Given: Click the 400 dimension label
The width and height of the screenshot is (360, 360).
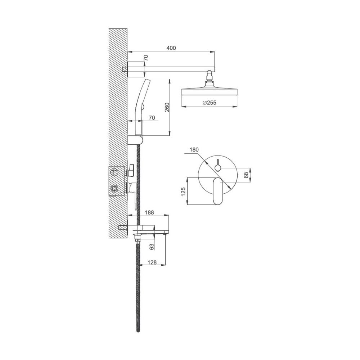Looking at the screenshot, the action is (171, 48).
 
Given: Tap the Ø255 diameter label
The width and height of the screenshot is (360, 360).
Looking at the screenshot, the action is (210, 102).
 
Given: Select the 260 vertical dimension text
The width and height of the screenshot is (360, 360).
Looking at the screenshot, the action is (167, 107).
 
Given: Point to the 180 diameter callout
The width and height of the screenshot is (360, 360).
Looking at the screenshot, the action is (194, 149).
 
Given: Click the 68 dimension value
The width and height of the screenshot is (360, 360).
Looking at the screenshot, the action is (246, 175).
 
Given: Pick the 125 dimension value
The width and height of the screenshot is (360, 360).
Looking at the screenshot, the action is (183, 192).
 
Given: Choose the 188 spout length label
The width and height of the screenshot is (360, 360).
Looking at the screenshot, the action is (149, 212).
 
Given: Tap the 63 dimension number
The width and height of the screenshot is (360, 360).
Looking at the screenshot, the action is (152, 247).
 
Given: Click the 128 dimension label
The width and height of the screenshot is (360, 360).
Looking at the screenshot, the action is (152, 262).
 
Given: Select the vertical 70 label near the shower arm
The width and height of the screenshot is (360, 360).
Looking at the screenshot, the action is (146, 57).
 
